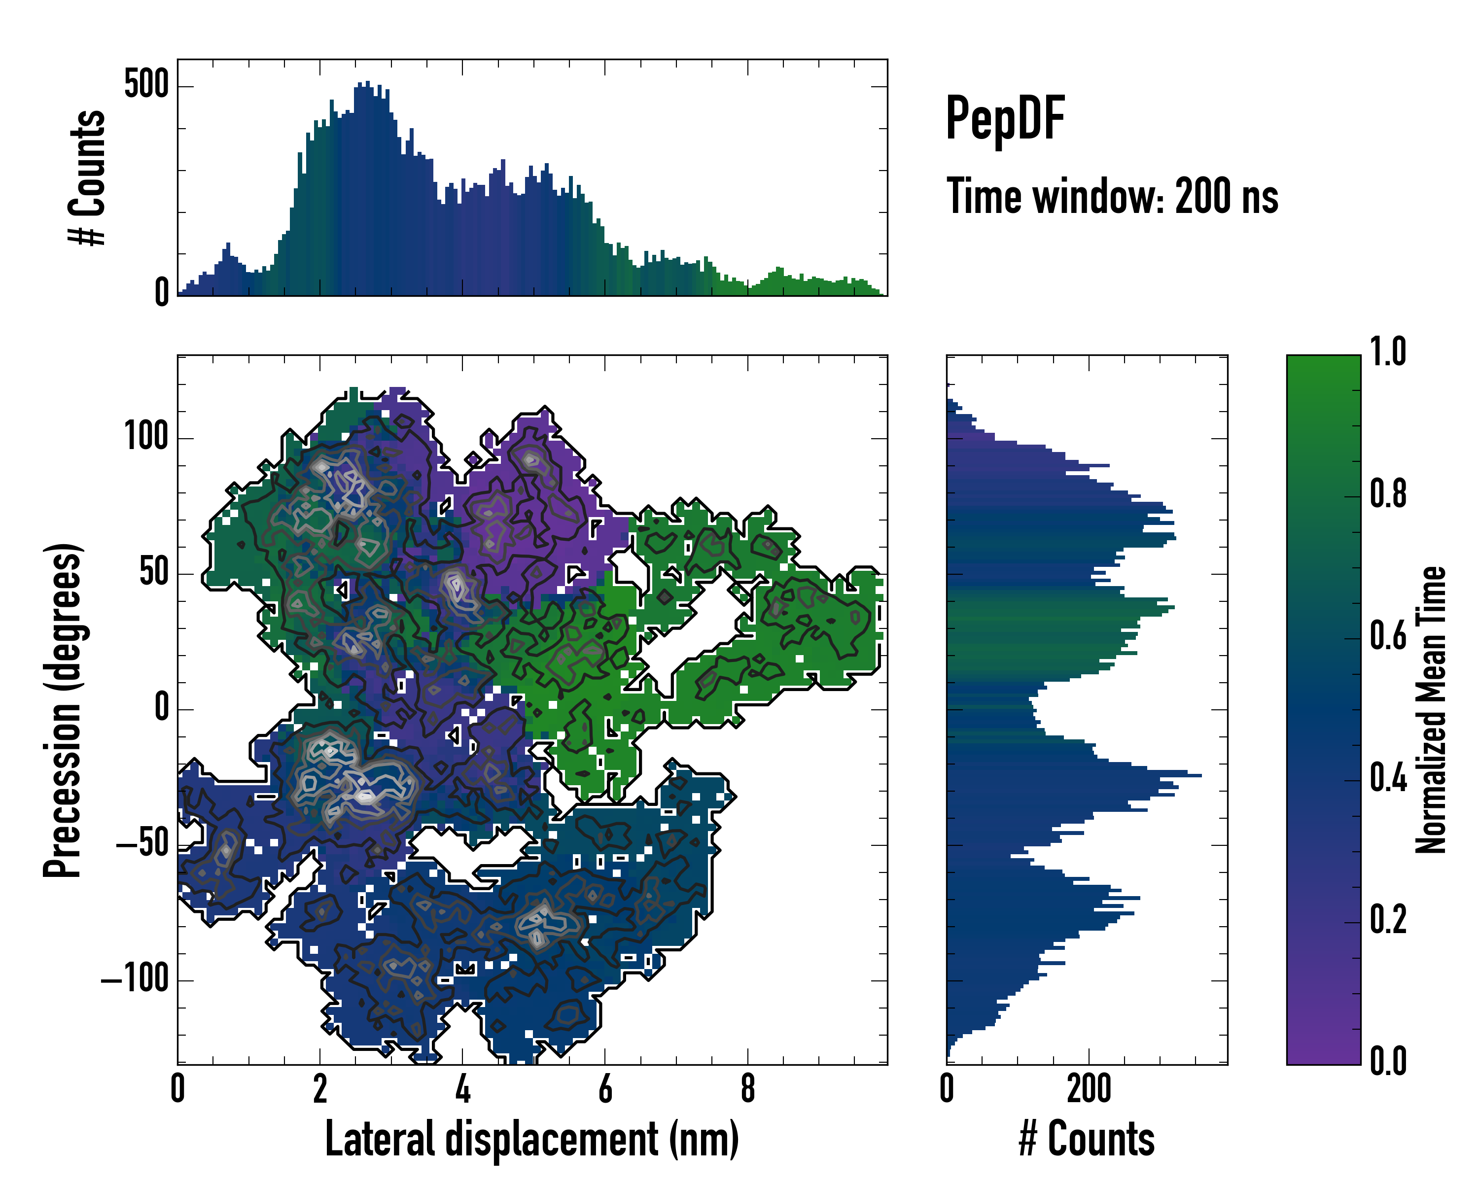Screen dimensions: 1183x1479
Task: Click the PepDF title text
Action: coord(1005,119)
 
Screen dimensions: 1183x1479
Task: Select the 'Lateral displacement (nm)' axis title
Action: coord(531,1139)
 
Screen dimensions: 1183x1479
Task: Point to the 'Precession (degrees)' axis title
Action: coord(63,710)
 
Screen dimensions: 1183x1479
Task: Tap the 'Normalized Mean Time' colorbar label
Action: coord(1431,710)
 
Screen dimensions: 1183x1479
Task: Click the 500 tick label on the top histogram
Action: coord(146,86)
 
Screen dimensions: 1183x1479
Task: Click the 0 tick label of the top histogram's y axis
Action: coord(161,293)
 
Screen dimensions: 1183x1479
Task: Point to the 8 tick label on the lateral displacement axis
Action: coord(748,1088)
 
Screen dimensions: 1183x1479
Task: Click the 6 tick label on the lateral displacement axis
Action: coord(605,1088)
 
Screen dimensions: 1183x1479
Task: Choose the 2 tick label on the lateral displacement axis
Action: coord(319,1088)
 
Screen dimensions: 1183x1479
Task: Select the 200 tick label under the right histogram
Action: coord(1089,1088)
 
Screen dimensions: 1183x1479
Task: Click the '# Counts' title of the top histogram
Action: coord(88,177)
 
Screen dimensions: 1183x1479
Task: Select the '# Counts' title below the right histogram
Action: coord(1087,1139)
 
